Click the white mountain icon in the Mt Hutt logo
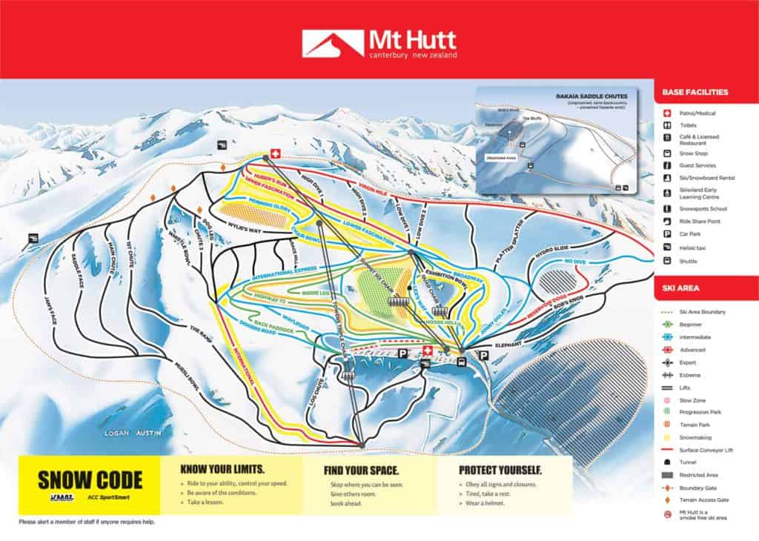322,43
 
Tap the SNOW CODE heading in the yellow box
89,479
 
